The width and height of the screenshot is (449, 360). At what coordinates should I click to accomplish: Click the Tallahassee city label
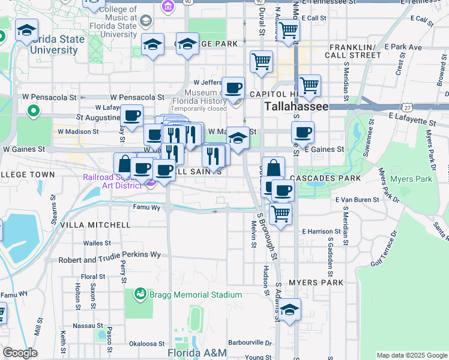[x=297, y=106]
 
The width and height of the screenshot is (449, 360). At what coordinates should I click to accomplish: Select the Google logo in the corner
[x=20, y=353]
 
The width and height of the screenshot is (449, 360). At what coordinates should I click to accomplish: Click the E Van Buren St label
[x=358, y=199]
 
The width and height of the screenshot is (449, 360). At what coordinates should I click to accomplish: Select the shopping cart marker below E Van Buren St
[x=280, y=213]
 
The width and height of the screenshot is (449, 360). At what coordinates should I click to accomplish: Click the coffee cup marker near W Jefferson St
[x=234, y=88]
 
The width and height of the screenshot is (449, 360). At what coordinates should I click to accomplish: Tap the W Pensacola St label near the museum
[x=137, y=97]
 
